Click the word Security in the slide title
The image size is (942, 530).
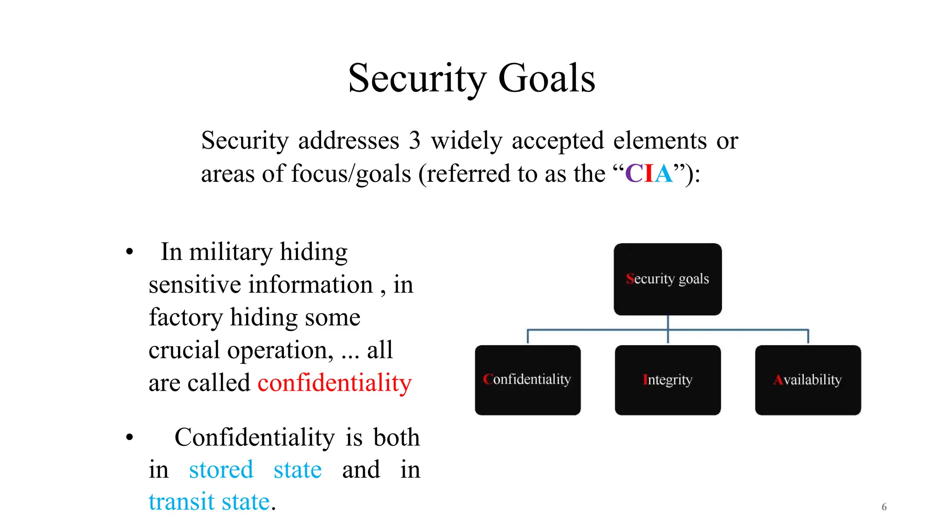417,78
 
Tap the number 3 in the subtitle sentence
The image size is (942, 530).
414,140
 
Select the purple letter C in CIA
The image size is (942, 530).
634,174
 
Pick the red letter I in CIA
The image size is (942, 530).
649,174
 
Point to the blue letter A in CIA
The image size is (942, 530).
663,174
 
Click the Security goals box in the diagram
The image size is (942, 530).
667,279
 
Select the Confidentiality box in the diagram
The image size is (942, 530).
528,380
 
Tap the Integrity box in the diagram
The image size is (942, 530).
667,380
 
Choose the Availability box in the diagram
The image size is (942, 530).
808,380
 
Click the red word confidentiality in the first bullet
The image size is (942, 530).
334,383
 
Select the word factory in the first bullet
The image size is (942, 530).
185,317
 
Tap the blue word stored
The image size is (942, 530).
221,470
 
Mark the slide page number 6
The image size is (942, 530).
884,507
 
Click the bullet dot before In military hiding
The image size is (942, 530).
130,252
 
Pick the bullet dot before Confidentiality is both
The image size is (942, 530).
130,437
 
